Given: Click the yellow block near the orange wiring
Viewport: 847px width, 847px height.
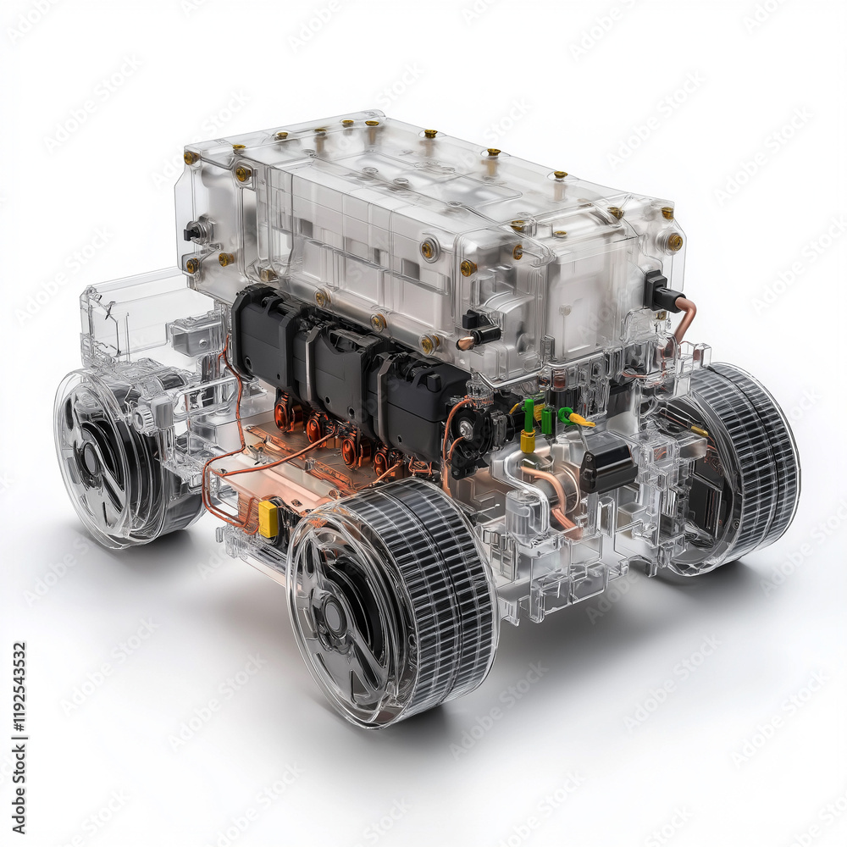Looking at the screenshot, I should tap(268, 519).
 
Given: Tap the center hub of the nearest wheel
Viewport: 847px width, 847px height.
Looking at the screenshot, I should tap(333, 617).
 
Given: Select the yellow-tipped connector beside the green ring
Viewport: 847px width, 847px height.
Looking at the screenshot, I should tap(580, 418).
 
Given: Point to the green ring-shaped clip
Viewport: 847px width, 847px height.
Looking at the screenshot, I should tap(563, 413).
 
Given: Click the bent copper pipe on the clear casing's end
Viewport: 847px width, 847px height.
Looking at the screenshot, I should tap(684, 318).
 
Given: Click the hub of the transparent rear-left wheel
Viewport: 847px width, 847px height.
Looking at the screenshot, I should tap(90, 459).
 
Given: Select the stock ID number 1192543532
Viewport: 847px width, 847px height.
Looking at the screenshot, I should tap(19, 737).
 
